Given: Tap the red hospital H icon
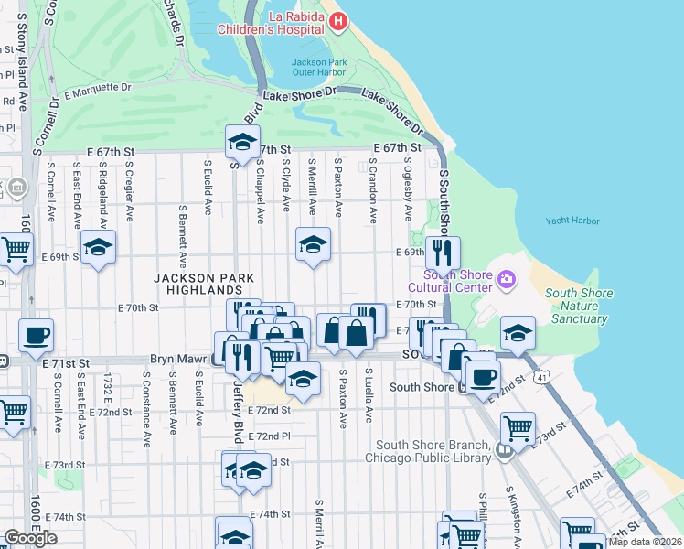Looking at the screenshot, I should point(338,20).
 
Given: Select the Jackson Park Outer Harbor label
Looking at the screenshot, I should point(318,68).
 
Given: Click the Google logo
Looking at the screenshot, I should point(30,537).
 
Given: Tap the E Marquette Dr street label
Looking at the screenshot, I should point(98,90).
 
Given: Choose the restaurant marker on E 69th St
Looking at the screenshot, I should point(443,253).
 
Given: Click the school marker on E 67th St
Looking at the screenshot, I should point(242,142).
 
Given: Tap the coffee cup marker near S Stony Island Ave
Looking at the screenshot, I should point(36,335).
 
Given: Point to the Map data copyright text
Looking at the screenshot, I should point(646,542).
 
